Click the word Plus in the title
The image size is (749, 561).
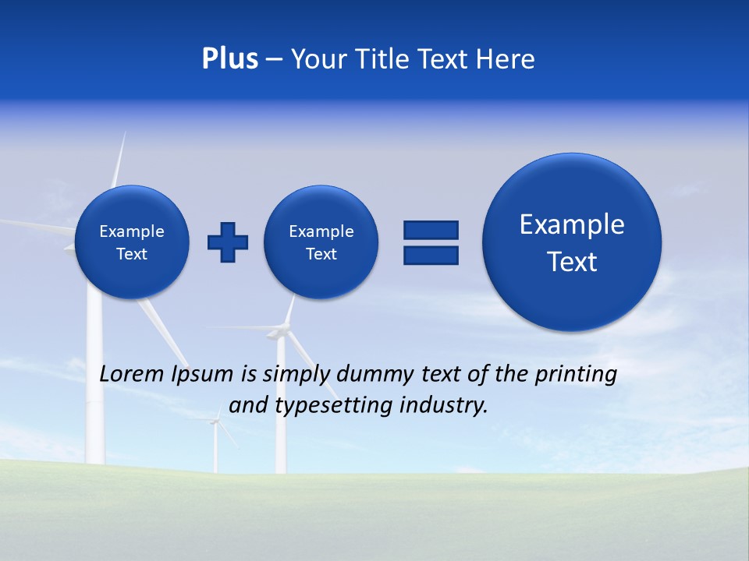(x=229, y=59)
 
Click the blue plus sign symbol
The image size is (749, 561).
(x=228, y=242)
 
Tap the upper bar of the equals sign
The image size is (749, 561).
(x=431, y=230)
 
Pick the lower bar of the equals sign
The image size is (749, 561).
(x=431, y=255)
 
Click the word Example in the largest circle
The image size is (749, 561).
(x=572, y=224)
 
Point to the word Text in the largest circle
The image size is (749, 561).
(x=572, y=262)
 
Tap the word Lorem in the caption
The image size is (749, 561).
(x=132, y=374)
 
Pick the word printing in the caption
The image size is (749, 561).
(x=576, y=375)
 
